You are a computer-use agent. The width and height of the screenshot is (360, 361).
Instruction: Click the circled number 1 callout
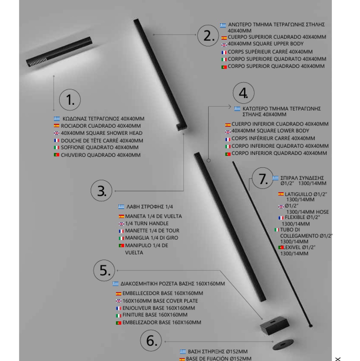pyautogui.click(x=70, y=100)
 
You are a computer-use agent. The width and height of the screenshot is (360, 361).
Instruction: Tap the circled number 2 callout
pyautogui.click(x=208, y=36)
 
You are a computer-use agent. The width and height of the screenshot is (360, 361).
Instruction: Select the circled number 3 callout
pyautogui.click(x=101, y=191)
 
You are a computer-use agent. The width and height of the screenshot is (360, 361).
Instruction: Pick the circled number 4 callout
pyautogui.click(x=243, y=93)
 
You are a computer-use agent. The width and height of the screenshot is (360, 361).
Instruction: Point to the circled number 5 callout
pyautogui.click(x=104, y=270)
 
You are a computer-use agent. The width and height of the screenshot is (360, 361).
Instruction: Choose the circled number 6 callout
pyautogui.click(x=151, y=341)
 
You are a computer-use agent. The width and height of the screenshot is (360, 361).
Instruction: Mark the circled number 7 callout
pyautogui.click(x=263, y=179)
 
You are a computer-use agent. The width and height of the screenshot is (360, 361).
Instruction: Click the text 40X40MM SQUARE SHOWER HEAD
pyautogui.click(x=101, y=133)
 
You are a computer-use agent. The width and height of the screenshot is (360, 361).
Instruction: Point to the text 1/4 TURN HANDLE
pyautogui.click(x=147, y=223)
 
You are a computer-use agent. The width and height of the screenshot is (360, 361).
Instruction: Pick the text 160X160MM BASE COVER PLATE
pyautogui.click(x=160, y=301)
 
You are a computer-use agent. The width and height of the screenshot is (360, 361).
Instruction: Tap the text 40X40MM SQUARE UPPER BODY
pyautogui.click(x=261, y=44)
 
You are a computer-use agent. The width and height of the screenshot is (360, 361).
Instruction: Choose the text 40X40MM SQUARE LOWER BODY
pyautogui.click(x=270, y=131)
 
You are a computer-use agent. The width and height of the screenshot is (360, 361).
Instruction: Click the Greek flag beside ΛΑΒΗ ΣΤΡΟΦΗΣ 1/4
pyautogui.click(x=121, y=207)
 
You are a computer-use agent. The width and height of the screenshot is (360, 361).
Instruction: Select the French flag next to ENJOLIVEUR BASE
pyautogui.click(x=118, y=308)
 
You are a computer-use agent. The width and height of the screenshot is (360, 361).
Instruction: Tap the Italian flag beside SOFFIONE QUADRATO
pyautogui.click(x=56, y=147)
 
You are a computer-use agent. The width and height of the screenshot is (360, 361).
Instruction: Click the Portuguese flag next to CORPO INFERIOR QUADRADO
pyautogui.click(x=228, y=154)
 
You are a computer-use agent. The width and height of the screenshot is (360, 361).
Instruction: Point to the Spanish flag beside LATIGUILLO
pyautogui.click(x=281, y=194)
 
